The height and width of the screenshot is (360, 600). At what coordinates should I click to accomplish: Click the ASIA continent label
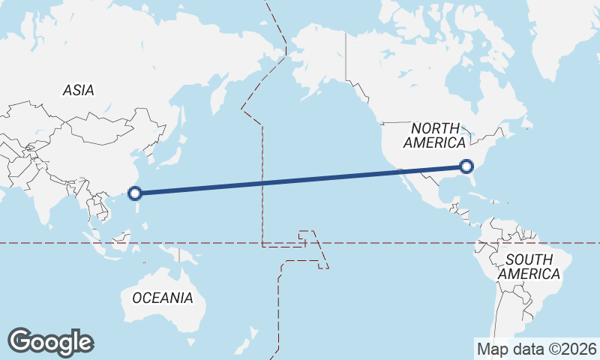click(79, 91)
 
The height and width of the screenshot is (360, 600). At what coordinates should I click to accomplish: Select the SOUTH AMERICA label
click(529, 266)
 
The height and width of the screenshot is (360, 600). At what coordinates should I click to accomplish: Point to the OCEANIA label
click(163, 298)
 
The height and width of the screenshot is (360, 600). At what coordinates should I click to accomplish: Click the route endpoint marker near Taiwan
click(135, 193)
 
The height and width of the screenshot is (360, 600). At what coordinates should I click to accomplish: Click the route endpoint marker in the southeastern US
click(466, 166)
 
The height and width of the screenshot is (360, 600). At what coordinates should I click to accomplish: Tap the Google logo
click(50, 342)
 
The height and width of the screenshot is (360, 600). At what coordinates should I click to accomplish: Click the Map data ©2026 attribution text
click(537, 349)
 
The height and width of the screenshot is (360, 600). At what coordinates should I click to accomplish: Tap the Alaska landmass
click(315, 64)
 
